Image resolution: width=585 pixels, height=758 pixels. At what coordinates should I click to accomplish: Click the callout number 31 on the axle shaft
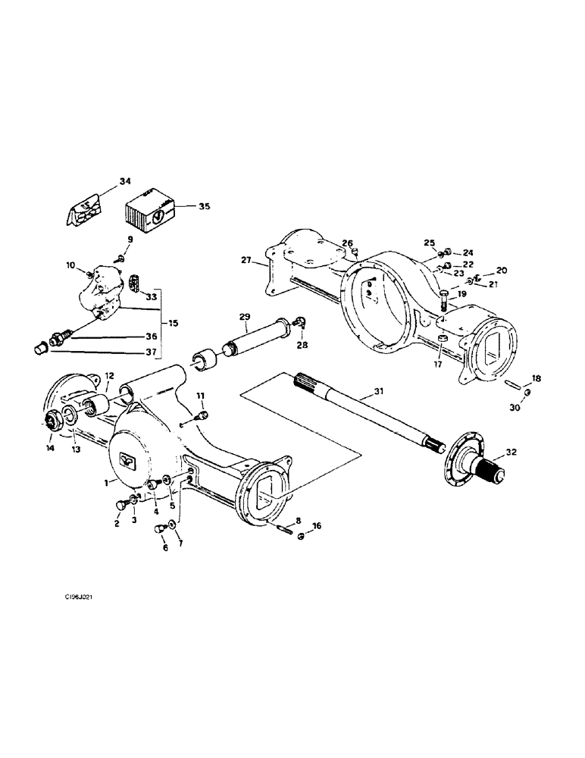(x=380, y=391)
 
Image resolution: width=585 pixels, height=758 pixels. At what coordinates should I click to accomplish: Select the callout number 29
(x=244, y=315)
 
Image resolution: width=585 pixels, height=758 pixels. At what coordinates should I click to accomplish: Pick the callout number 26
(x=347, y=243)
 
